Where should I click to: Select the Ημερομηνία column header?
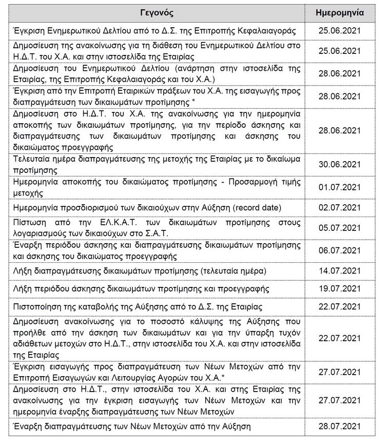tap(346, 12)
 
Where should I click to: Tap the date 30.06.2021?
tap(346, 164)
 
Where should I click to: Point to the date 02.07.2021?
tap(346, 207)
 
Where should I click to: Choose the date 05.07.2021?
tap(346, 226)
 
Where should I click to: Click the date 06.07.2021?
tap(346, 250)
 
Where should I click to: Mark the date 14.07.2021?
tap(346, 270)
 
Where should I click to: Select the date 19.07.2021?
tap(346, 288)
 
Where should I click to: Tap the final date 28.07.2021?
tap(346, 426)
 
